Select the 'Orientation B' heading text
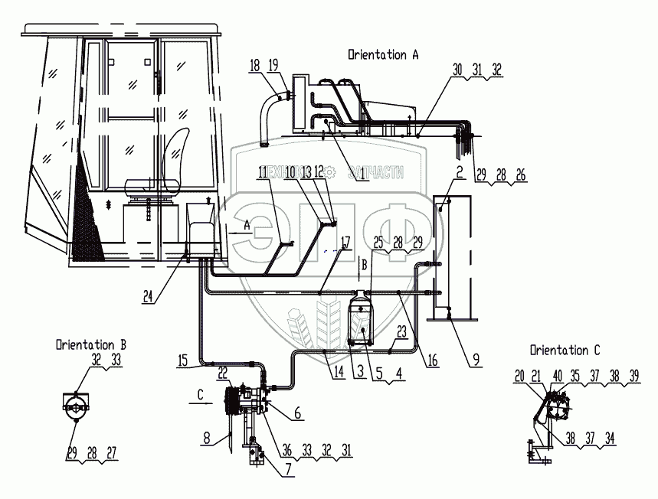coord(90,344)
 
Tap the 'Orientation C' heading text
coord(565,350)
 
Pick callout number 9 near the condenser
coord(476,357)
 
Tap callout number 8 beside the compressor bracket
coord(208,439)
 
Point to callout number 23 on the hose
coord(401,331)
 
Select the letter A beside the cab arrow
coord(247,224)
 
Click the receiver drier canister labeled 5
coord(361,323)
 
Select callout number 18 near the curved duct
coord(254,67)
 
